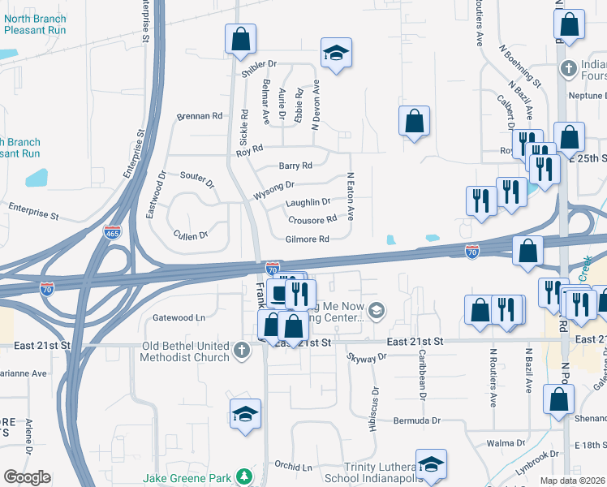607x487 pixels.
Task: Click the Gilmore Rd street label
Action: coord(307,239)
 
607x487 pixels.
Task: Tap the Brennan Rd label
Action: coord(200,116)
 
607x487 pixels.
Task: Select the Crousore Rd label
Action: coord(312,220)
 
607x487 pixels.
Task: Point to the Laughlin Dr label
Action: coord(308,202)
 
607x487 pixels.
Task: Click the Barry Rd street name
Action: coord(295,166)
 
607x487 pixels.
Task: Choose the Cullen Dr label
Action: coord(191,235)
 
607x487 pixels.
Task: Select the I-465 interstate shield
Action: coord(113,233)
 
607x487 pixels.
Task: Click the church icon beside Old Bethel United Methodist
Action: coord(241,351)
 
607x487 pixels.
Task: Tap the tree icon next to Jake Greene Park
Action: coord(243,476)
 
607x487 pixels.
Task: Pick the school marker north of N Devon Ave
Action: coord(334,54)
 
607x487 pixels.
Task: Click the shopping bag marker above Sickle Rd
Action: coord(240,39)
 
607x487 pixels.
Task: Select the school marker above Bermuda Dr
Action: coord(245,414)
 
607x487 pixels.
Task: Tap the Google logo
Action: coord(27,477)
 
